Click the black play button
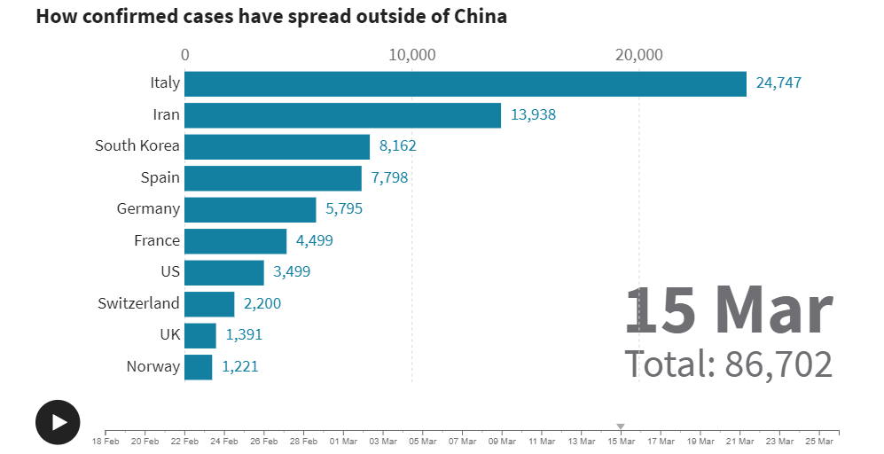click(58, 422)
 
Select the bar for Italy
click(465, 83)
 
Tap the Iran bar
click(342, 115)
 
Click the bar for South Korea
click(277, 146)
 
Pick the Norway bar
click(199, 366)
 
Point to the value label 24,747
click(778, 83)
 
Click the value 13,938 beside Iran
click(533, 115)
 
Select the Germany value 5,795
click(344, 209)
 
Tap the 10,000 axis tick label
click(411, 55)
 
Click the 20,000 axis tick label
click(638, 55)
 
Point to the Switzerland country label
click(138, 303)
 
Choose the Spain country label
click(160, 177)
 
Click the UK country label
click(169, 335)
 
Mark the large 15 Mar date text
click(729, 311)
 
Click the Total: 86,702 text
click(729, 364)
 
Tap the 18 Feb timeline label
click(106, 441)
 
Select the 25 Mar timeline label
click(819, 441)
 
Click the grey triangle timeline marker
click(621, 427)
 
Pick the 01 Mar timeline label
click(343, 441)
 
